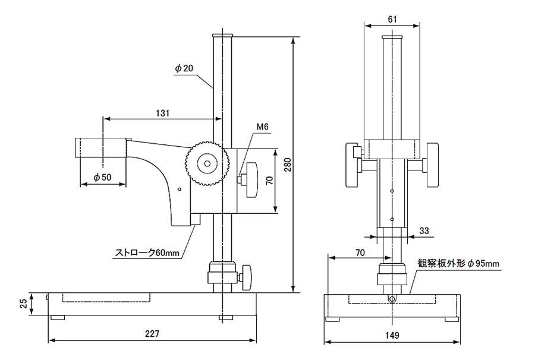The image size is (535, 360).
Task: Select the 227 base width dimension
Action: pyautogui.click(x=152, y=334)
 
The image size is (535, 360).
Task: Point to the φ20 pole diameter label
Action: pyautogui.click(x=184, y=68)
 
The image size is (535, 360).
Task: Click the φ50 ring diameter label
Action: pyautogui.click(x=103, y=177)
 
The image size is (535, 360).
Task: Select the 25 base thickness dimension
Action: pyautogui.click(x=23, y=304)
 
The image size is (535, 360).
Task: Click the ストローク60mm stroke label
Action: pyautogui.click(x=147, y=252)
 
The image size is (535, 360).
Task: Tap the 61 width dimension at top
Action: pyautogui.click(x=392, y=19)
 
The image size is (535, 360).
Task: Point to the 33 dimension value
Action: pyautogui.click(x=424, y=230)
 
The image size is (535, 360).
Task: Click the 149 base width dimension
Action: pyautogui.click(x=392, y=335)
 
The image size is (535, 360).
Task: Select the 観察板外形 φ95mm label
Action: pyautogui.click(x=458, y=263)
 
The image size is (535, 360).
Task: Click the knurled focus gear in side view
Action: pyautogui.click(x=207, y=162)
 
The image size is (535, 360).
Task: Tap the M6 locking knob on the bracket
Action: pyautogui.click(x=250, y=179)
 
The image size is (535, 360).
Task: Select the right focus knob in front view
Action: pyautogui.click(x=432, y=165)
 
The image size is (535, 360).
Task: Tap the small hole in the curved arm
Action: pyautogui.click(x=180, y=190)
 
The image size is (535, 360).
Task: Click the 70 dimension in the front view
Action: pyautogui.click(x=360, y=252)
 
